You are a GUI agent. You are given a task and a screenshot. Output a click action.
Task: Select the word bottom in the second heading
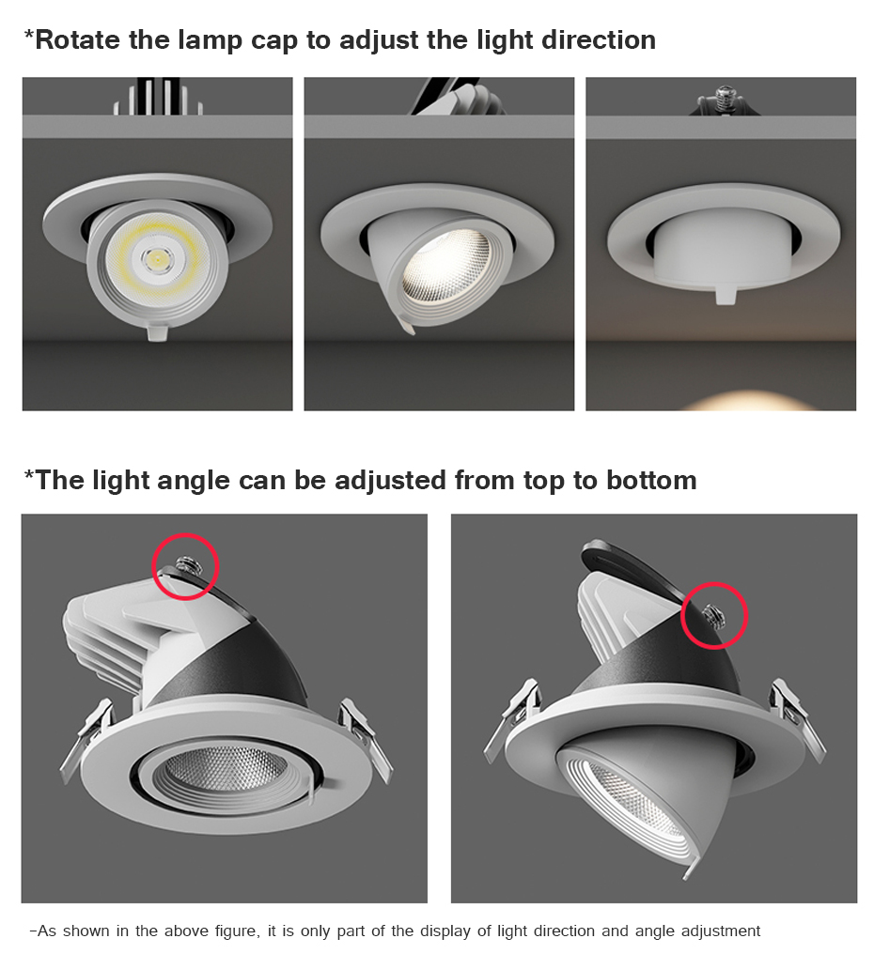651,480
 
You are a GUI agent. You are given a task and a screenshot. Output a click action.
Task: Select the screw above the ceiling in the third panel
723,99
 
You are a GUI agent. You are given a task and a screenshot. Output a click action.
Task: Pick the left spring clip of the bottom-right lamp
513,718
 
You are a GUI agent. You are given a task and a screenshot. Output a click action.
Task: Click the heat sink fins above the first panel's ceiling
158,96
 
